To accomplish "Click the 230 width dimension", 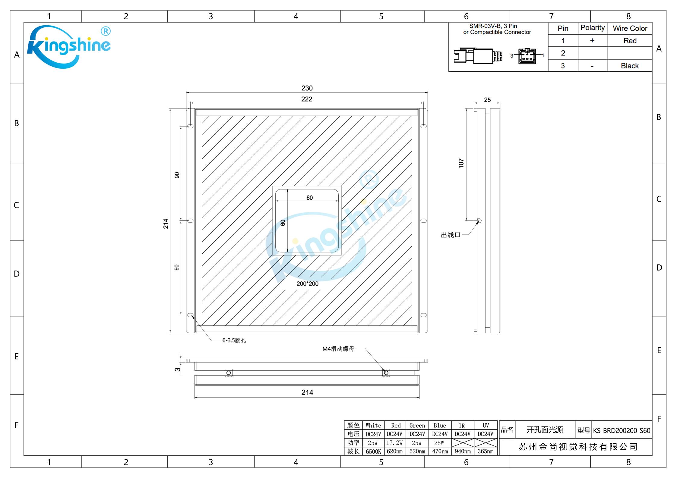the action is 307,88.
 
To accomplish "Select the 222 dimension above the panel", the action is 307,99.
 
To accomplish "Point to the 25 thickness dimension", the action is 487,100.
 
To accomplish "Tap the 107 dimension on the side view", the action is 461,163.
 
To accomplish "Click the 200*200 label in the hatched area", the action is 307,284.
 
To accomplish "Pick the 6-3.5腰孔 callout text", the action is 234,340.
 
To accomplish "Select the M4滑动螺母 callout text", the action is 338,349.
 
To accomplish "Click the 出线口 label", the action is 451,235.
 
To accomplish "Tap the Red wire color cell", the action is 630,41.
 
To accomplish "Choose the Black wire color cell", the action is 630,66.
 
